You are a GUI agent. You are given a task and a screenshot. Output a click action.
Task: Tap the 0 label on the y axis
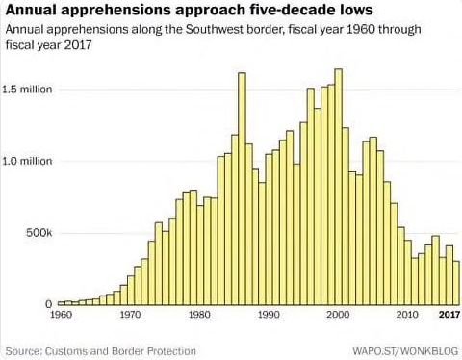pyautogui.click(x=47, y=304)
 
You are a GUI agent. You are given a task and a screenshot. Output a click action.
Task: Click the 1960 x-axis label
pyautogui.click(x=61, y=315)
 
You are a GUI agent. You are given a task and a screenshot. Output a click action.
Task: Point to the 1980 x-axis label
pyautogui.click(x=199, y=315)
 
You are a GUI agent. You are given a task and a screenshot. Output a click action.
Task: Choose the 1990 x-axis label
pyautogui.click(x=269, y=315)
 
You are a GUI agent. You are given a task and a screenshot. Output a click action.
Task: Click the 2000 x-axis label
pyautogui.click(x=338, y=315)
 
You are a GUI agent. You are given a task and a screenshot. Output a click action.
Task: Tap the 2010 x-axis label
pyautogui.click(x=407, y=315)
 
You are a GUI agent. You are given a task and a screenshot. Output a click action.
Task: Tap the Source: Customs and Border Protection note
pyautogui.click(x=100, y=350)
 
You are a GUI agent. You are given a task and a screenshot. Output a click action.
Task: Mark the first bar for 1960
pyautogui.click(x=62, y=302)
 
